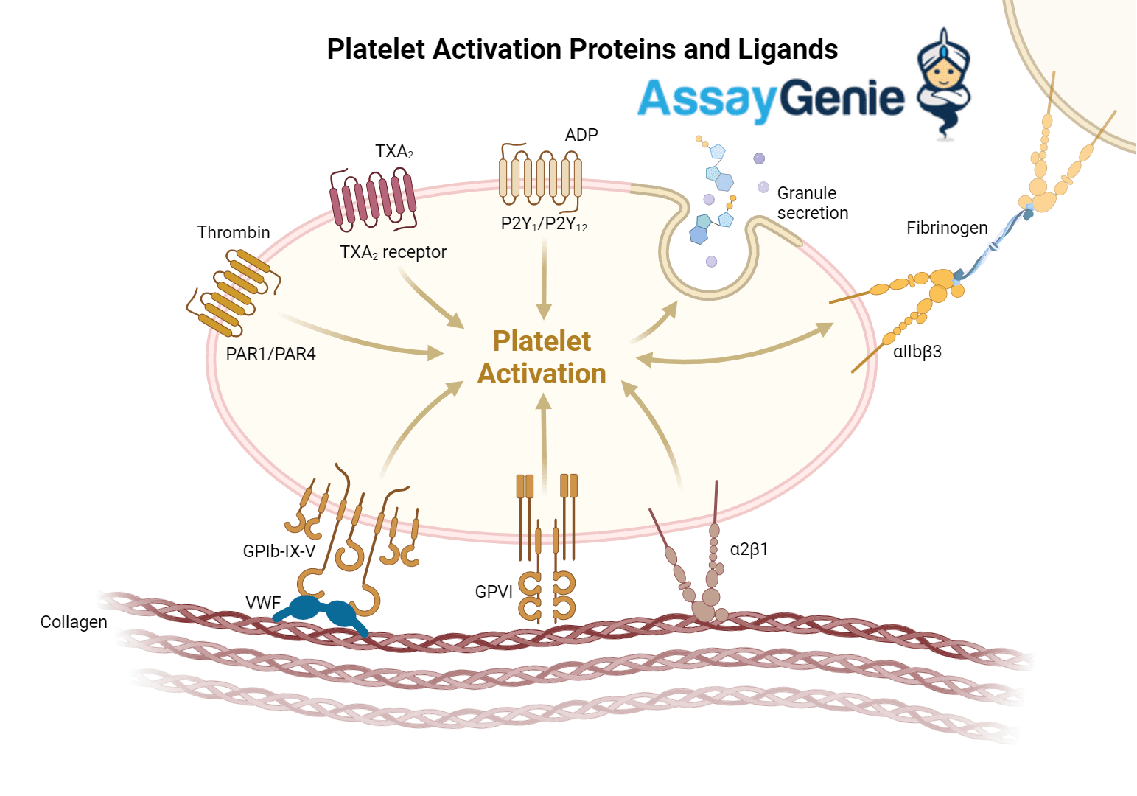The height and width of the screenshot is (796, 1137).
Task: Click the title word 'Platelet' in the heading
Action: click(x=376, y=49)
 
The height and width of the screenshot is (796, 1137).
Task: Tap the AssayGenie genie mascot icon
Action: click(x=943, y=83)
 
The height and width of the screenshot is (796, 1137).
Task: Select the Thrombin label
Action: click(x=234, y=232)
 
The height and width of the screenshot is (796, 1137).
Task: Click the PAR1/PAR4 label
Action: click(x=270, y=354)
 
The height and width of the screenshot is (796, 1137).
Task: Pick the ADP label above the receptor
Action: click(x=581, y=135)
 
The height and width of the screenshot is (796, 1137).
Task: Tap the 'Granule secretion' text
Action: click(x=812, y=203)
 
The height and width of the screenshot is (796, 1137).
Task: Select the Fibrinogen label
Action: click(x=947, y=228)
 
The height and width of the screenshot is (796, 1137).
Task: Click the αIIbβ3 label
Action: click(x=917, y=352)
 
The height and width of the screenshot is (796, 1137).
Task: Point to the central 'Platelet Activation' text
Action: click(x=542, y=357)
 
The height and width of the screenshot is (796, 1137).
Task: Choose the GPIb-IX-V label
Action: click(x=279, y=551)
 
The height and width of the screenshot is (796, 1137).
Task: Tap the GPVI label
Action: click(x=494, y=592)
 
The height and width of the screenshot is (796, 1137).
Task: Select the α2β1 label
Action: click(x=749, y=549)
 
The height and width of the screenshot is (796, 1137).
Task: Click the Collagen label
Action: click(x=74, y=622)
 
